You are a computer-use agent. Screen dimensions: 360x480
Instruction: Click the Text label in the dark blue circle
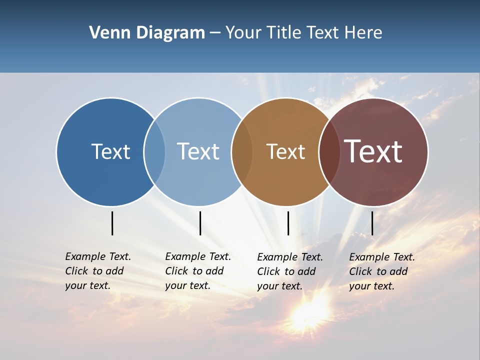pyautogui.click(x=110, y=151)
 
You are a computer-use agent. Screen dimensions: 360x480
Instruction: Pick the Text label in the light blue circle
pyautogui.click(x=198, y=151)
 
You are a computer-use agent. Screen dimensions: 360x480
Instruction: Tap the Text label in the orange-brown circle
pyautogui.click(x=285, y=151)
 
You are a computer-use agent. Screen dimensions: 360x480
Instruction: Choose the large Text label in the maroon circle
pyautogui.click(x=373, y=151)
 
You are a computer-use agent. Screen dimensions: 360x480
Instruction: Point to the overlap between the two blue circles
pyautogui.click(x=154, y=151)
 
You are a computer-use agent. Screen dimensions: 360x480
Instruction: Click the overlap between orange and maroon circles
pyautogui.click(x=329, y=151)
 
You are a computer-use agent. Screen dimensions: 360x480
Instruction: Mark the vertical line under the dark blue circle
pyautogui.click(x=112, y=223)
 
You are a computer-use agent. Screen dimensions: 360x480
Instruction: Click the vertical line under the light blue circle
pyautogui.click(x=200, y=223)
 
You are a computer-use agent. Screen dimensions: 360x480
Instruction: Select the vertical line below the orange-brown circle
pyautogui.click(x=288, y=223)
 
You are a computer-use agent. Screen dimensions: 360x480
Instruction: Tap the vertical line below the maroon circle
pyautogui.click(x=372, y=223)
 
